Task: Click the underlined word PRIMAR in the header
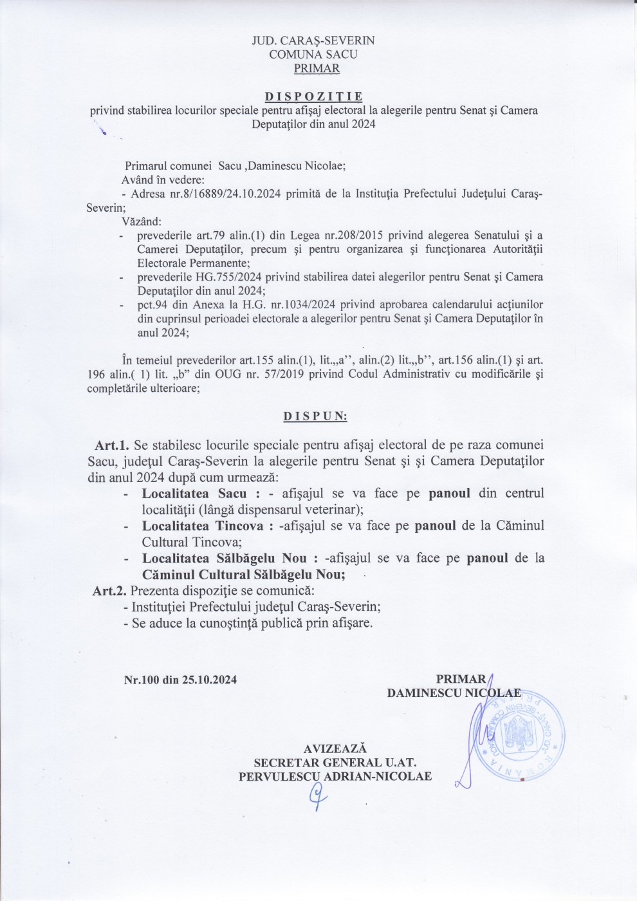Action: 317,68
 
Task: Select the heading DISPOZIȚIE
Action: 314,97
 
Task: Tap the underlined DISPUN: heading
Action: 315,416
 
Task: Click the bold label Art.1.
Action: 112,445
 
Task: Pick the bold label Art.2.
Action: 110,590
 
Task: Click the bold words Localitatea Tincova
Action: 203,526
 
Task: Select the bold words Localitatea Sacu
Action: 194,494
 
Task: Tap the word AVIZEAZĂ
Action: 335,748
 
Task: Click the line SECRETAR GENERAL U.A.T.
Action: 335,763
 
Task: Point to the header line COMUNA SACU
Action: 313,54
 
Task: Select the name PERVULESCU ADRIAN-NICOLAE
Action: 335,776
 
